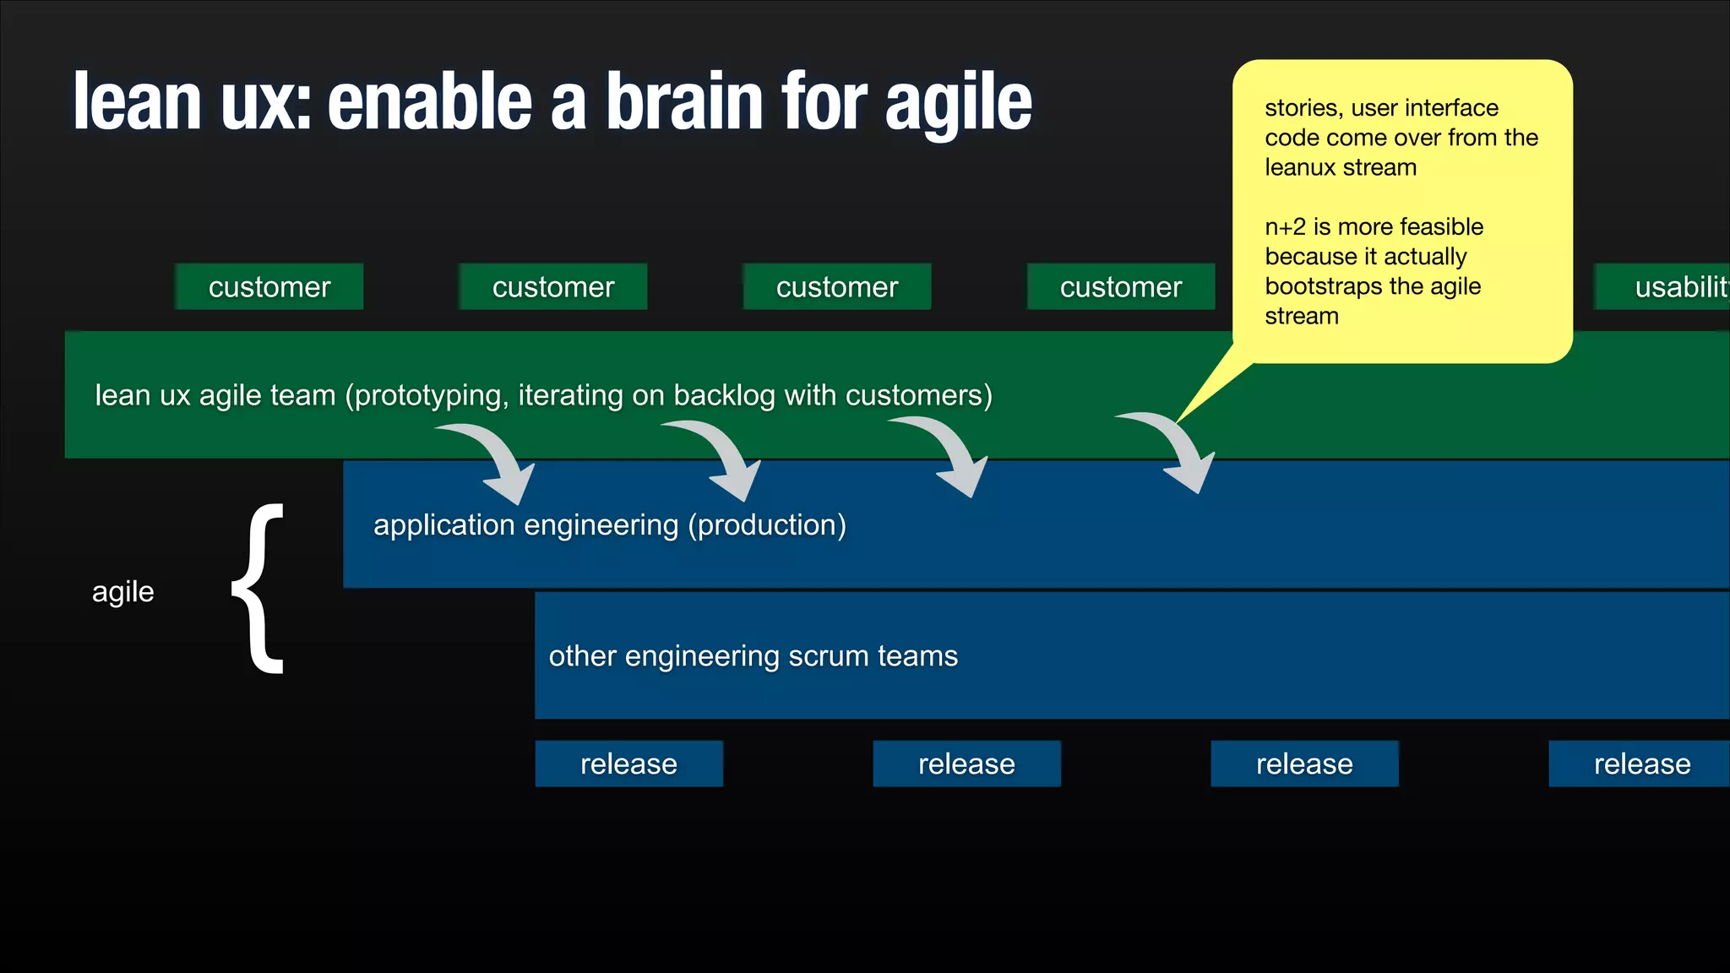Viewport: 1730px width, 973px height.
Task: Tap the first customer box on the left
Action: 269,287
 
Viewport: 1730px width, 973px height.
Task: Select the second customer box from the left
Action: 552,287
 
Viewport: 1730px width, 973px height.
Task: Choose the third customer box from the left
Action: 836,287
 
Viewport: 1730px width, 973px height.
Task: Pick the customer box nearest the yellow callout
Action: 1120,287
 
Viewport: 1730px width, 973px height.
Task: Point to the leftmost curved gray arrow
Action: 498,461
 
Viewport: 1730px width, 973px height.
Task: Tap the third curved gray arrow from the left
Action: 951,454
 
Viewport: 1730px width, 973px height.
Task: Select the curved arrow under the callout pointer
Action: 1178,450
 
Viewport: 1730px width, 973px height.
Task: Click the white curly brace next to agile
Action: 258,589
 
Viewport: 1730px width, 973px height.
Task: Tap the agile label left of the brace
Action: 123,591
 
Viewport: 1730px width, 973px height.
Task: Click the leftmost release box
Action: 628,764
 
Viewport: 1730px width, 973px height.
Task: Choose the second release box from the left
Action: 966,764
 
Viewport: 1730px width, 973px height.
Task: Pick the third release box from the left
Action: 1304,764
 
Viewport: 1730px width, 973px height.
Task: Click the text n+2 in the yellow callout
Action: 1285,226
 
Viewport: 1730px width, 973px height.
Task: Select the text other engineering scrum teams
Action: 753,656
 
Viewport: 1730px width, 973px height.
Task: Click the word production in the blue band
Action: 767,525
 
